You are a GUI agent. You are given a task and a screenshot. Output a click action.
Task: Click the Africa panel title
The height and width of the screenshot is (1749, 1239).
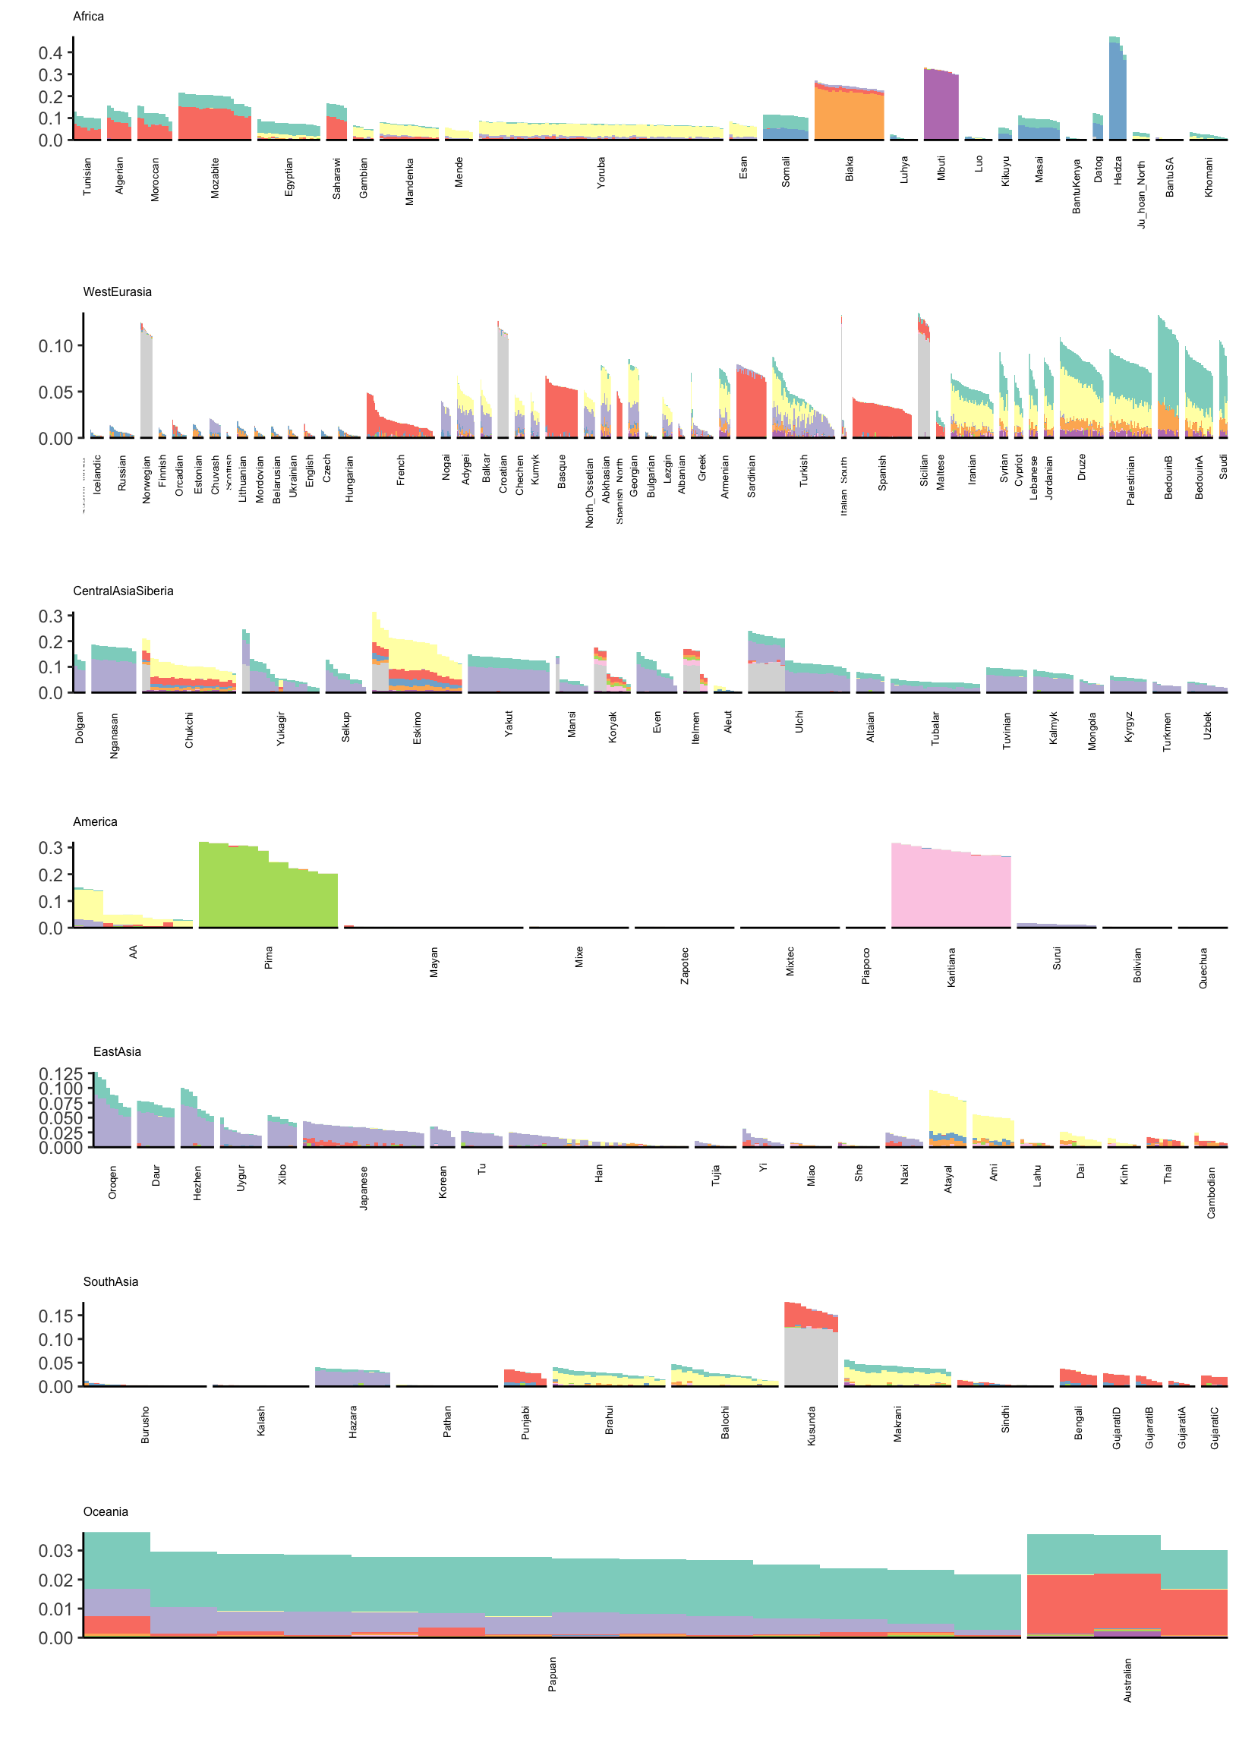(x=89, y=17)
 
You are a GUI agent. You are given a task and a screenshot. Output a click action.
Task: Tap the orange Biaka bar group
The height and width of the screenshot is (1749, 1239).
(x=849, y=115)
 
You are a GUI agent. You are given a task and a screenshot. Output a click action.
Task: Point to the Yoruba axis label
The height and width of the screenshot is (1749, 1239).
(x=601, y=173)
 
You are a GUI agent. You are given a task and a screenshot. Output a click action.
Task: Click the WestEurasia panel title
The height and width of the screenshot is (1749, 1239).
(x=118, y=292)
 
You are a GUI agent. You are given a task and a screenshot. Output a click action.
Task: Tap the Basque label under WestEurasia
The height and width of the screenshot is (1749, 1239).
(x=563, y=471)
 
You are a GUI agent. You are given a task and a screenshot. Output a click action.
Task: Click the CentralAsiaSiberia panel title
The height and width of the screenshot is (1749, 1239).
(x=124, y=591)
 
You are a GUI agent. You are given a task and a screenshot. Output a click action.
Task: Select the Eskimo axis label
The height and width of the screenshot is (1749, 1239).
(x=418, y=728)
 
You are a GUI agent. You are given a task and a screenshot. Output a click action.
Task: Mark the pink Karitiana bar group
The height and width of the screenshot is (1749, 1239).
(x=951, y=890)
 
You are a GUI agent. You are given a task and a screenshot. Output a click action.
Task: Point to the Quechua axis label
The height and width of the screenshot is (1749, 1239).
(x=1203, y=968)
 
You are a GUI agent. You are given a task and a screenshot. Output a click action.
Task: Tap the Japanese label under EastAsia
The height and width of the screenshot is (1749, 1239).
(x=364, y=1187)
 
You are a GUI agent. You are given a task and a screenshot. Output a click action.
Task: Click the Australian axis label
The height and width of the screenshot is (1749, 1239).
(x=1127, y=1681)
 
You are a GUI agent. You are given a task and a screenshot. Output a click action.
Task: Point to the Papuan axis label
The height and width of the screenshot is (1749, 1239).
(x=553, y=1675)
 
